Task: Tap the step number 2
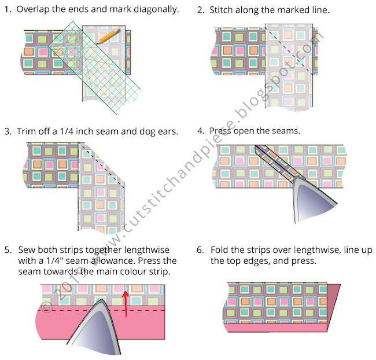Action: click(200, 10)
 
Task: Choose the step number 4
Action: click(200, 131)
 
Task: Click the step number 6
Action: click(200, 250)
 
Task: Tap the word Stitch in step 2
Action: click(223, 10)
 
